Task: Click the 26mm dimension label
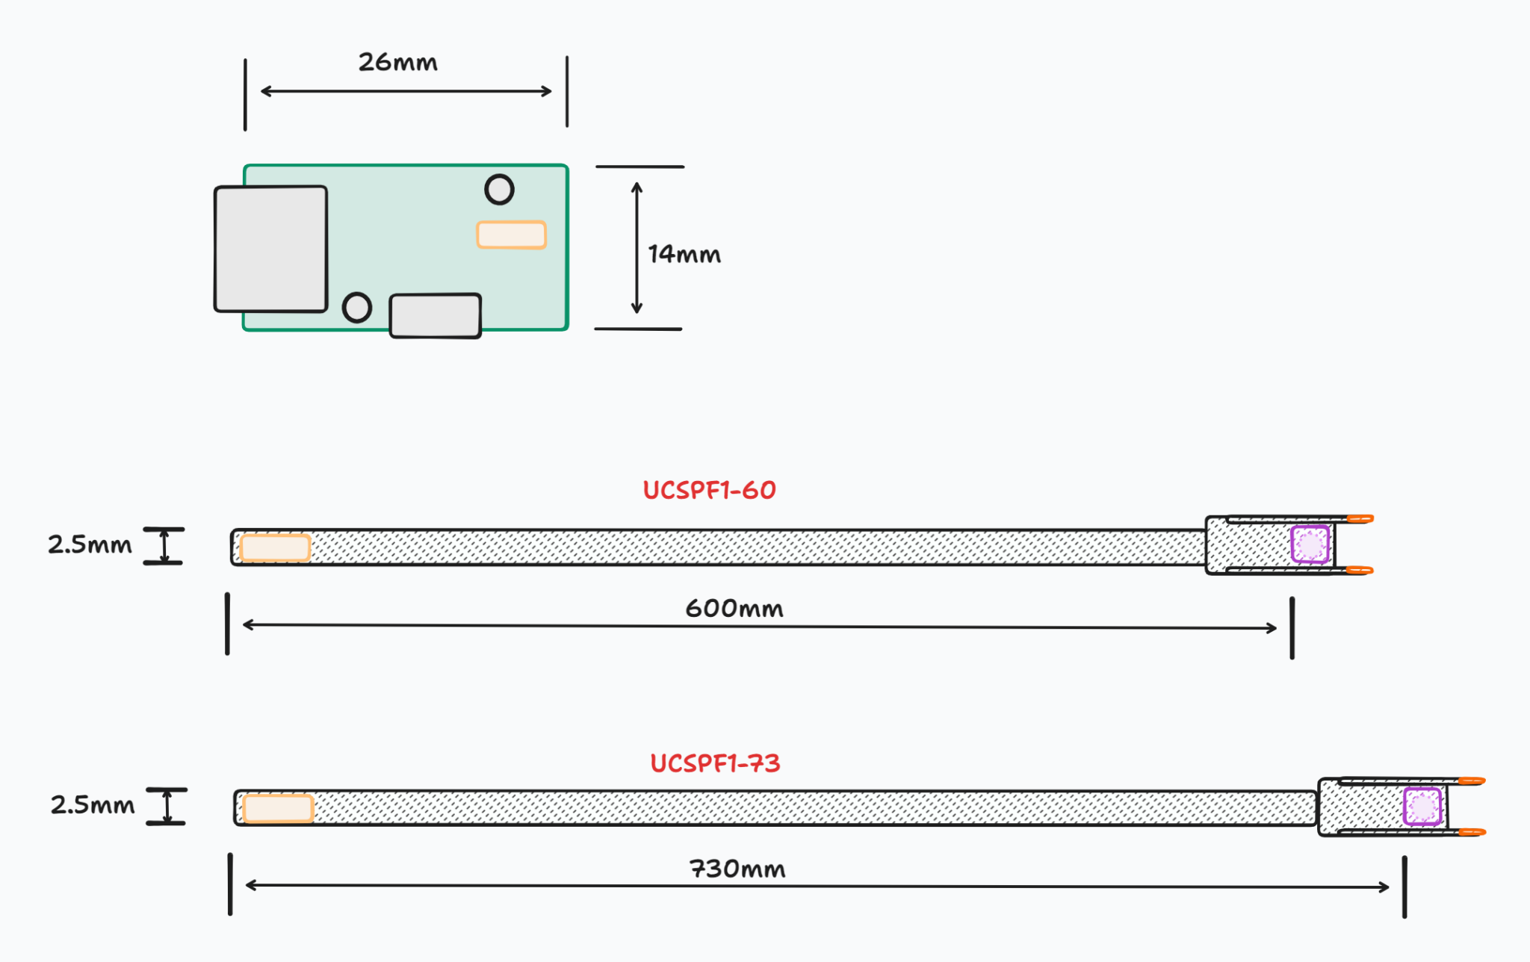coord(397,62)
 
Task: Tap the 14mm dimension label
coord(684,255)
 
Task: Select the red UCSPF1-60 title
coord(709,490)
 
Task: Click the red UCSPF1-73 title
coord(715,763)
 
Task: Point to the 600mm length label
coord(734,608)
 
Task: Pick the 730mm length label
coord(737,869)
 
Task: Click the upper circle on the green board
coord(499,190)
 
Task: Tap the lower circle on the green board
coord(357,307)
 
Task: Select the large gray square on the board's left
coord(270,249)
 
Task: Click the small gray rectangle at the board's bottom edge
coord(435,315)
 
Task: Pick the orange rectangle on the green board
coord(512,235)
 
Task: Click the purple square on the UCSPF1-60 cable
coord(1310,544)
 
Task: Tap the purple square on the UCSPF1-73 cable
coord(1422,807)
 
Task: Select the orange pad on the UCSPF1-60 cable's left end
coord(276,547)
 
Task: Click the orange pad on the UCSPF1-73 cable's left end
coord(278,808)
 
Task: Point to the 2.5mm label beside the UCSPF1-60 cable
coord(90,544)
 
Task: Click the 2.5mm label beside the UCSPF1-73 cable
coord(93,804)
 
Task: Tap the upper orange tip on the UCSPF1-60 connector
coord(1360,518)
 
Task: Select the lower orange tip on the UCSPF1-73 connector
coord(1472,832)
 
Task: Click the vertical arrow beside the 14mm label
coord(637,247)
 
